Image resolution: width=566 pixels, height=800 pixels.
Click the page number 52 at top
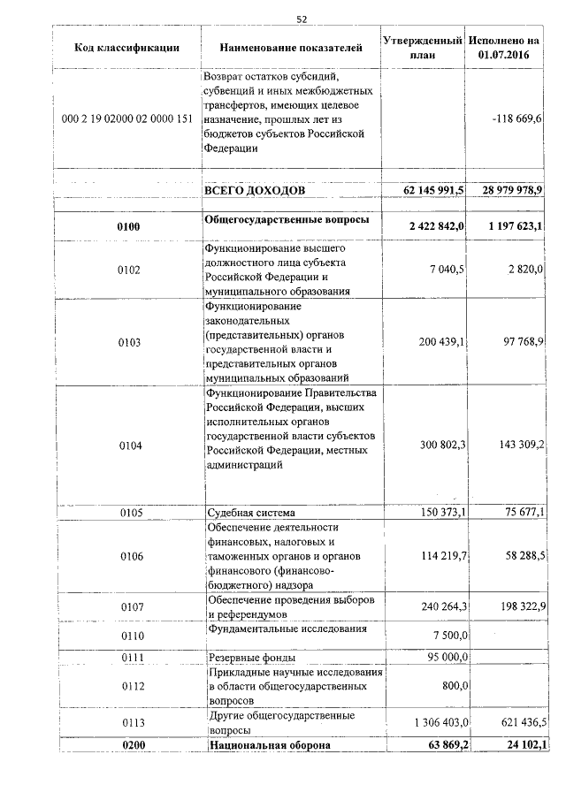[302, 19]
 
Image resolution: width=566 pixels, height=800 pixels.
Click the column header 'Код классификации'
[127, 48]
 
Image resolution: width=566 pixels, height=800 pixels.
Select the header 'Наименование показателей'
[290, 48]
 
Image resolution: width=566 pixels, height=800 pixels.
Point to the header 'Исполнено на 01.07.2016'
[504, 48]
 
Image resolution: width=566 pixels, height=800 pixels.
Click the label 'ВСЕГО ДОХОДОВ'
[255, 190]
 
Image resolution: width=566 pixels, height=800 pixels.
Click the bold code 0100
[128, 227]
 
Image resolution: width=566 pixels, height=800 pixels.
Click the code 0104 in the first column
[128, 446]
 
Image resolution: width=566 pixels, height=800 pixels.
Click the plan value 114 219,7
[440, 555]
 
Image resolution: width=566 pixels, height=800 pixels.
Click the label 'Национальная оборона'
[269, 745]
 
